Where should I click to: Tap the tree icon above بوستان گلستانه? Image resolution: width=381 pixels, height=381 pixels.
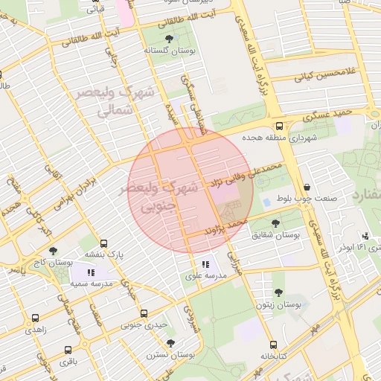(169, 37)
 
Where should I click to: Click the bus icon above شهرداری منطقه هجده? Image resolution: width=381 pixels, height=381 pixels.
(279, 127)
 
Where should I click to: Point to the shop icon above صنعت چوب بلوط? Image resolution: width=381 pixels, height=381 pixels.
(307, 188)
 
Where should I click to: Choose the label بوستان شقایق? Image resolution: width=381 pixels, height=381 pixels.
(276, 234)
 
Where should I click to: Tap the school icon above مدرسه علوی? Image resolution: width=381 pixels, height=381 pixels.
(205, 264)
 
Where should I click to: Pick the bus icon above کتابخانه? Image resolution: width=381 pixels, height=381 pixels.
(273, 345)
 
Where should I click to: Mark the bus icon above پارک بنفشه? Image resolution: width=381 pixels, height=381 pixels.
(103, 243)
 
